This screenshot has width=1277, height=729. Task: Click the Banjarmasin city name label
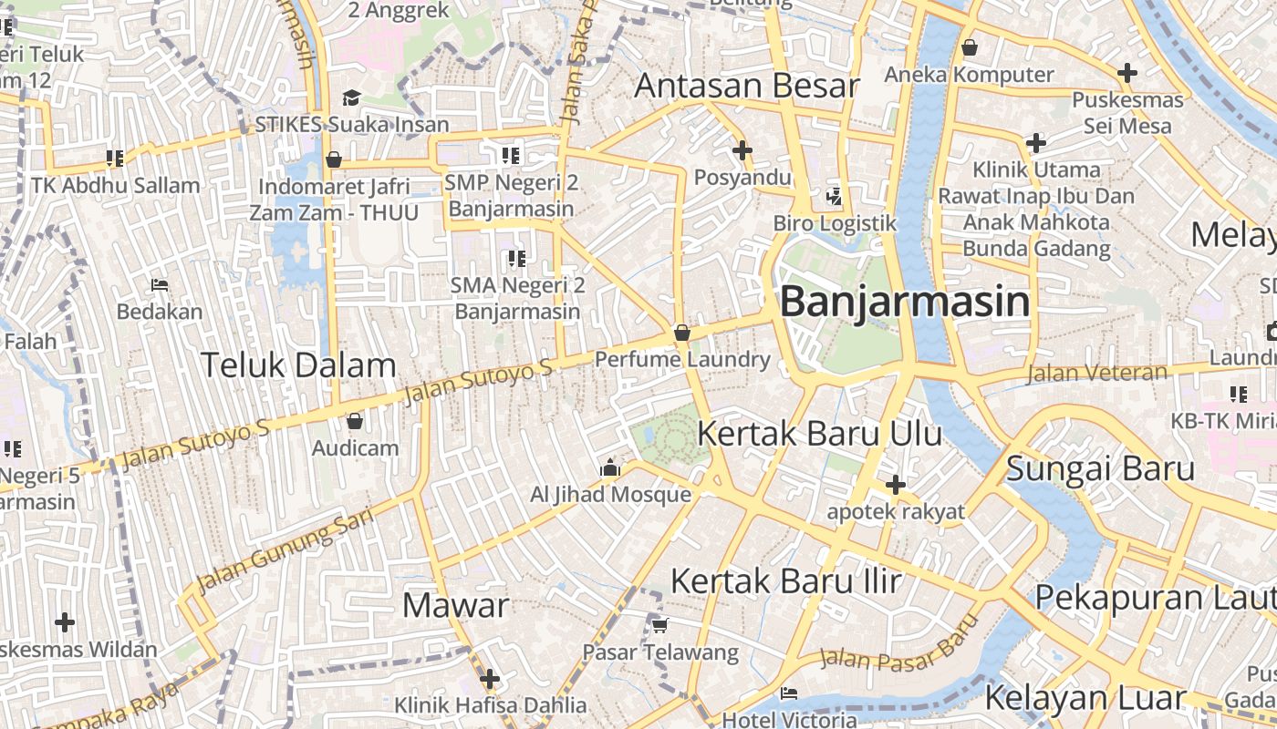coord(905,302)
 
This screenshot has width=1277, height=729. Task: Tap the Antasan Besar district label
coord(747,86)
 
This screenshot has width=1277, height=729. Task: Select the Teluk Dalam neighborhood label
coord(298,365)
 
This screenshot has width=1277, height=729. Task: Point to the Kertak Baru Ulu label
coord(819,433)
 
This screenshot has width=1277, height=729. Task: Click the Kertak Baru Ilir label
coord(786,580)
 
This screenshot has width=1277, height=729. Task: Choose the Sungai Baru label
coord(1100,468)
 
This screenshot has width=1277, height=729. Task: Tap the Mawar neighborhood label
coord(455,605)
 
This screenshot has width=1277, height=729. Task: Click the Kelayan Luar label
coord(1085,699)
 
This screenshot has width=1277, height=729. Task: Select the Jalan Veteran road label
coord(1097,373)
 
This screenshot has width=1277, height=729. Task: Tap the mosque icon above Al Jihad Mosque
coord(610,469)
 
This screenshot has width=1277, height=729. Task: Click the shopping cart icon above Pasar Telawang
coord(659,625)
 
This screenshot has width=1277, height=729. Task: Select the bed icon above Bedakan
coord(160,285)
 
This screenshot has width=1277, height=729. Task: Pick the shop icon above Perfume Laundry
coord(681,334)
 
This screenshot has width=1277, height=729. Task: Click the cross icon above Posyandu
coord(742,150)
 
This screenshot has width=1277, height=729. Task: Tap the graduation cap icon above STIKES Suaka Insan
coord(351,98)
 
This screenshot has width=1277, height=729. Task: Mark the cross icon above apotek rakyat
coord(895,485)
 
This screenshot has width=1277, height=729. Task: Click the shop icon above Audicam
coord(355,421)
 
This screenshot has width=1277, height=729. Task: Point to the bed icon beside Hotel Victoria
coord(789,693)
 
